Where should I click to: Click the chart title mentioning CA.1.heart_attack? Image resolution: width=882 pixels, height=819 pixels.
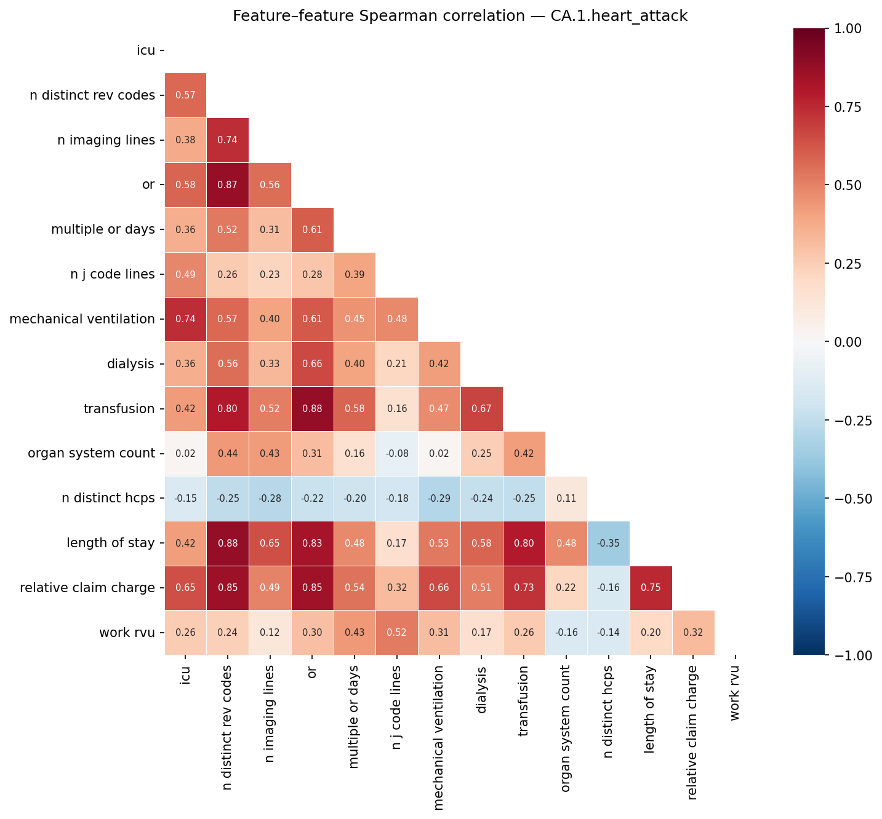click(460, 17)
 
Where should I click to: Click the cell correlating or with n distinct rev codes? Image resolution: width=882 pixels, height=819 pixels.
click(228, 185)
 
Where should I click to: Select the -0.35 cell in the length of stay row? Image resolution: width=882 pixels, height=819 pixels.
click(609, 544)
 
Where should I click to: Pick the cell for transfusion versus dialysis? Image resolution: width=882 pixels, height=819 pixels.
click(482, 409)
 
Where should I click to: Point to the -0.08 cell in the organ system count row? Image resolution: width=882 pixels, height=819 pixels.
click(397, 454)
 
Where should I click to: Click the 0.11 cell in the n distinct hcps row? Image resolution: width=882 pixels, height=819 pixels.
click(566, 499)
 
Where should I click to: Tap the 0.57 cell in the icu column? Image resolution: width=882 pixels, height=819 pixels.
click(185, 95)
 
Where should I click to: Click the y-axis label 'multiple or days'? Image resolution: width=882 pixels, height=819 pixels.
click(103, 229)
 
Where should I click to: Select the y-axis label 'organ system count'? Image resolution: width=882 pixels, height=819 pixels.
click(91, 454)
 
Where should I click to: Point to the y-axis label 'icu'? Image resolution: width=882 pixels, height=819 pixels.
click(146, 50)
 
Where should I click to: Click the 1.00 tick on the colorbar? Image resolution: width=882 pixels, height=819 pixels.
click(849, 28)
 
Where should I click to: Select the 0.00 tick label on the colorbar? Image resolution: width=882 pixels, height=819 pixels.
click(849, 342)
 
